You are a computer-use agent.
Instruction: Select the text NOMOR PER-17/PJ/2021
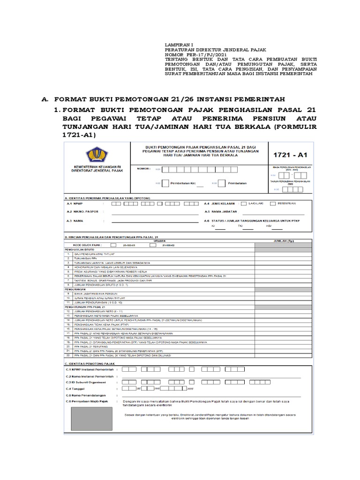click(x=190, y=55)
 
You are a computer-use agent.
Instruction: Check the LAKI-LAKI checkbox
click(x=243, y=204)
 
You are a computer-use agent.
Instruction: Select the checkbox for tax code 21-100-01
click(x=113, y=245)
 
